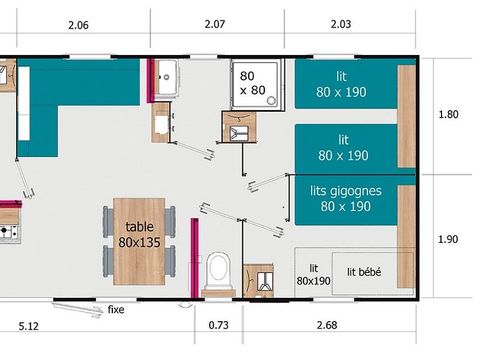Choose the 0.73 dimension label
pos(218,324)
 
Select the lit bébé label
pos(364,271)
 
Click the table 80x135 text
pos(140,234)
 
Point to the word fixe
pos(116,309)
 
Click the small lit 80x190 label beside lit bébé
pos(314,274)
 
